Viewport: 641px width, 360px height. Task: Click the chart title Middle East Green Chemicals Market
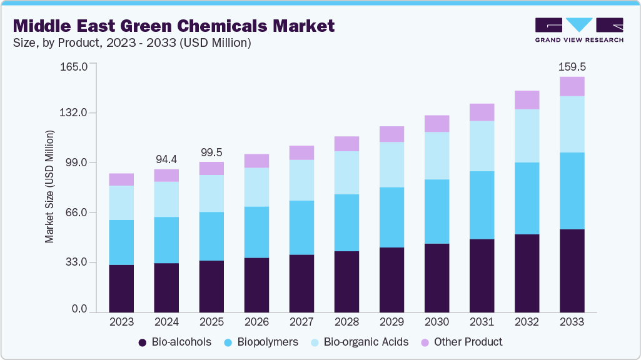click(x=174, y=26)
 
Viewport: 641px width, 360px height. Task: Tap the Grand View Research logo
click(x=579, y=29)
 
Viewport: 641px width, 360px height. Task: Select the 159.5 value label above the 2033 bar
click(x=572, y=66)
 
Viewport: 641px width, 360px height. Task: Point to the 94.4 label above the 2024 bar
click(x=166, y=159)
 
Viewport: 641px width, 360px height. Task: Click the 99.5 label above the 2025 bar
click(x=211, y=152)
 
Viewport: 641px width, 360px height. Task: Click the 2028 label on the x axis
click(x=346, y=322)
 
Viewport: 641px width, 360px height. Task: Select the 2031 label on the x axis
click(x=482, y=322)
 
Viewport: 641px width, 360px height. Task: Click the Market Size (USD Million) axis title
click(x=49, y=187)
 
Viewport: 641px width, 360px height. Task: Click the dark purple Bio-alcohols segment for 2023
click(x=121, y=289)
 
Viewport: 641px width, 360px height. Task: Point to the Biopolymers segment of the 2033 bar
click(x=572, y=191)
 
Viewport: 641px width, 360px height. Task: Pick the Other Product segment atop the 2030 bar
click(x=437, y=124)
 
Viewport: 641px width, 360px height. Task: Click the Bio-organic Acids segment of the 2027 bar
click(x=301, y=180)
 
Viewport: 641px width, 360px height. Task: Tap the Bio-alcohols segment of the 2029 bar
click(x=391, y=280)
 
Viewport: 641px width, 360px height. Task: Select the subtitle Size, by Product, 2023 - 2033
click(x=132, y=43)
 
